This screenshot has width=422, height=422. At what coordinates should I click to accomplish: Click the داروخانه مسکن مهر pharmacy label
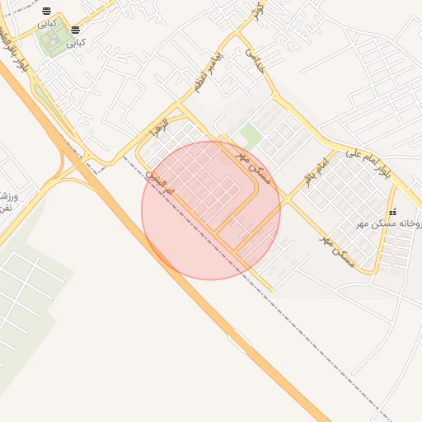(x=391, y=223)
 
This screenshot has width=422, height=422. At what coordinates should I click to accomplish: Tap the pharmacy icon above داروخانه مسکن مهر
(x=392, y=212)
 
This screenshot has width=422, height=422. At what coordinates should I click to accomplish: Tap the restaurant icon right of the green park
(x=76, y=30)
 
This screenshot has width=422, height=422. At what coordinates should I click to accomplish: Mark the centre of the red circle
(x=211, y=210)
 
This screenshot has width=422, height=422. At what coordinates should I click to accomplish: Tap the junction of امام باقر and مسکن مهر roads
(x=288, y=199)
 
